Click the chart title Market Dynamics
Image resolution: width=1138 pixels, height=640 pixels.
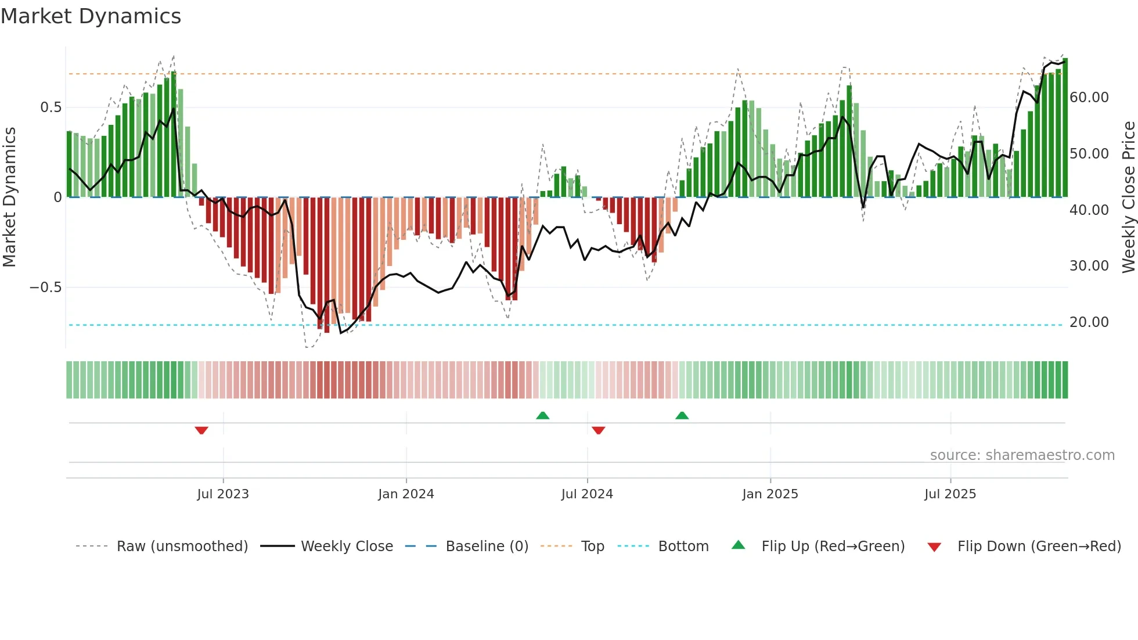(x=91, y=16)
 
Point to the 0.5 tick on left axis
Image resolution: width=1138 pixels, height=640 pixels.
(x=51, y=107)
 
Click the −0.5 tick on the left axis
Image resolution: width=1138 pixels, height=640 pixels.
(x=45, y=287)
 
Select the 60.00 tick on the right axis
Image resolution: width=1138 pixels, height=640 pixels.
(x=1089, y=98)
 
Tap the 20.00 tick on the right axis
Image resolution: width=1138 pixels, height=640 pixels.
(x=1089, y=322)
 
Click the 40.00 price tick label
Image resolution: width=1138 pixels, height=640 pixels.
(x=1089, y=210)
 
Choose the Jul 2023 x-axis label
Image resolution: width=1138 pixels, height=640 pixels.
(x=223, y=494)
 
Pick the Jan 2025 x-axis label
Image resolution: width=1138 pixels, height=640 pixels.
(x=770, y=494)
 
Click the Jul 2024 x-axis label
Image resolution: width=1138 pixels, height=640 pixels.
(x=587, y=494)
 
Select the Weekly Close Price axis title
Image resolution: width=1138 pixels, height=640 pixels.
(x=1128, y=197)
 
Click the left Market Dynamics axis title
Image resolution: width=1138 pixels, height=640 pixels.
(x=10, y=197)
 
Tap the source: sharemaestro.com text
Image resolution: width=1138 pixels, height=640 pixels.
(x=1022, y=455)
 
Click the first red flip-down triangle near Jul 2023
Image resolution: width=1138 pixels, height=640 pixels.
(x=201, y=430)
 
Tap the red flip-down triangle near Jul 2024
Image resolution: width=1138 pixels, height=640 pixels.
(x=599, y=430)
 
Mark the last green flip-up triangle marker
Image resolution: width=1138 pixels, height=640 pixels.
(x=682, y=416)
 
